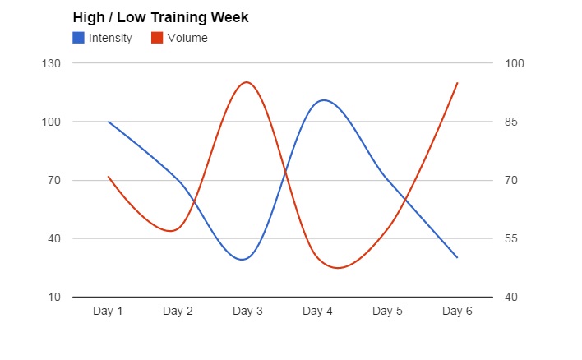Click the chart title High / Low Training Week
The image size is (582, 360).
[160, 17]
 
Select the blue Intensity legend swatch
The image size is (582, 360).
[78, 37]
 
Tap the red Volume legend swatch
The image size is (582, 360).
[157, 37]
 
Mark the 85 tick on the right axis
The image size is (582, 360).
[513, 122]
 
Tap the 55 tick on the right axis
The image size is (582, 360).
[513, 238]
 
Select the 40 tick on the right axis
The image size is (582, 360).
[513, 297]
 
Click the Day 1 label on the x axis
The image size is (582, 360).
[108, 311]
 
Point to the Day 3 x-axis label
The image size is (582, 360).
[247, 311]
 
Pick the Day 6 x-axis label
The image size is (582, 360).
[457, 311]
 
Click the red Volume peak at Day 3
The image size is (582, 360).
[246, 82]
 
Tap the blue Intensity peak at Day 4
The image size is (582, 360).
[323, 100]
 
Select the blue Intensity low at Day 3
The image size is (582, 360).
[242, 260]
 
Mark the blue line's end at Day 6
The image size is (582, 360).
[457, 257]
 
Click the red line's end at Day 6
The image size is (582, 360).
[457, 82]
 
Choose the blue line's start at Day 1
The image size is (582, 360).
[109, 122]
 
